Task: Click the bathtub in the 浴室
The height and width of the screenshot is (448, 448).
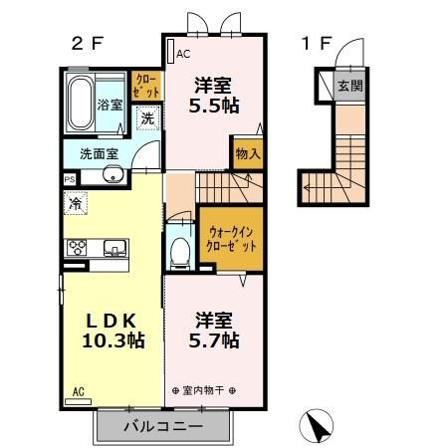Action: (x=80, y=104)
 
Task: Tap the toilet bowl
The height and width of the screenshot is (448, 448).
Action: (x=180, y=252)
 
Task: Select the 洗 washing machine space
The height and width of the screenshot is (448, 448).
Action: (x=147, y=118)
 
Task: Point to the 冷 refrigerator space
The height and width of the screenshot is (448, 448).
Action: (x=76, y=203)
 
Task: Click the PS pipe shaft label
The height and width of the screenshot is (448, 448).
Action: (x=70, y=179)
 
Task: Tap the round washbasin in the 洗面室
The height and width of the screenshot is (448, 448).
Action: (x=112, y=174)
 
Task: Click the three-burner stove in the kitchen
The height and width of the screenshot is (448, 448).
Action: (x=77, y=248)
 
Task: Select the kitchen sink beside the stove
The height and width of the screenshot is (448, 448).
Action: (x=114, y=248)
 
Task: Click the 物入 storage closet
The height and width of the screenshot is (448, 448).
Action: (x=248, y=154)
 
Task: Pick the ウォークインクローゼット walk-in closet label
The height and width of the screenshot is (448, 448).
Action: (x=231, y=240)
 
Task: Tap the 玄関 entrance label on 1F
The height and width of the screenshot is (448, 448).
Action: (x=350, y=86)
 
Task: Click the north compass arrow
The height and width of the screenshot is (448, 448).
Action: (x=317, y=426)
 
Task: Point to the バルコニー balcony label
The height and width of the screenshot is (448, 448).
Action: (x=163, y=426)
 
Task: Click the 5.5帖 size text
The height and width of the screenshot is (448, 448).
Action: (x=214, y=106)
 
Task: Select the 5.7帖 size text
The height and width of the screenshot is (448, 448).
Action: (x=214, y=340)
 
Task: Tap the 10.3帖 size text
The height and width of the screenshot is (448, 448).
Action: (x=113, y=340)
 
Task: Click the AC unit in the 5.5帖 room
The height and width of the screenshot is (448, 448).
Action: (x=171, y=51)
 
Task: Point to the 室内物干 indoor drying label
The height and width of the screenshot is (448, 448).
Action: (x=204, y=390)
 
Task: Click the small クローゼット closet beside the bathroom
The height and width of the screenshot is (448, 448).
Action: (x=146, y=86)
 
